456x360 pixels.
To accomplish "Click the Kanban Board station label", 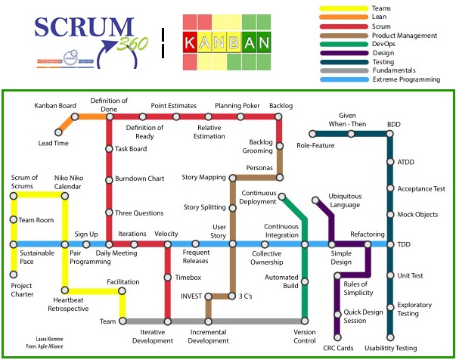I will pos(55,105).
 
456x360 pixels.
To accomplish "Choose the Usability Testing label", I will pos(390,348).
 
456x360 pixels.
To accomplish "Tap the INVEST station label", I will pos(191,296).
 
